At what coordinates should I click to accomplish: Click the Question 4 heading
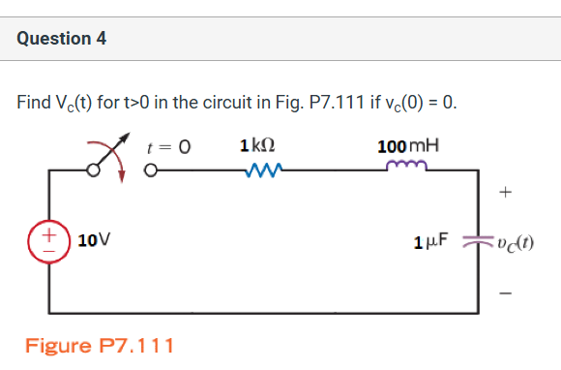coord(62,39)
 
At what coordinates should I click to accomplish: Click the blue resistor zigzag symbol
coord(263,171)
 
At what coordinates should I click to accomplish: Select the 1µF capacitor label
coord(432,241)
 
